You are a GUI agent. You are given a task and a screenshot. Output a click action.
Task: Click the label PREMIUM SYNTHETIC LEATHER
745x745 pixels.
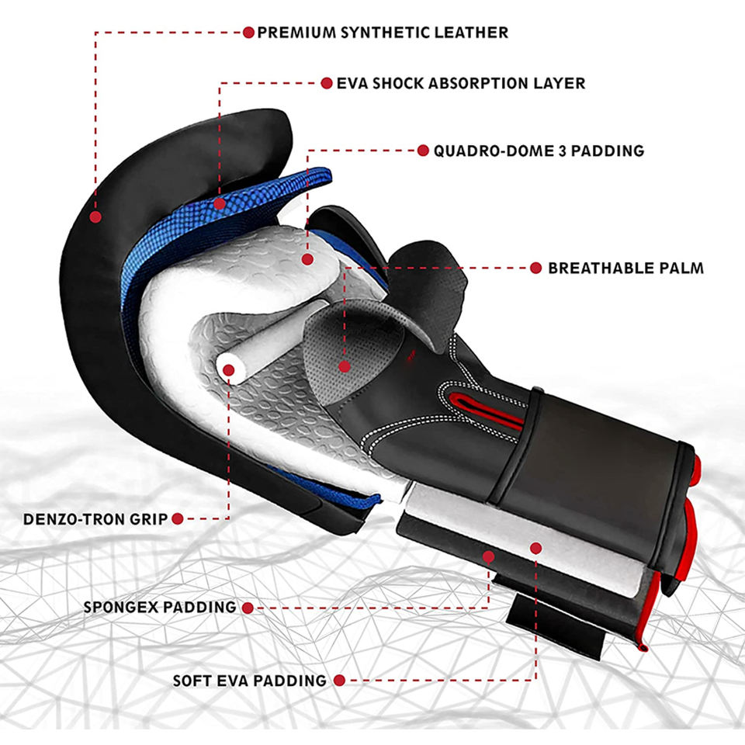coord(383,33)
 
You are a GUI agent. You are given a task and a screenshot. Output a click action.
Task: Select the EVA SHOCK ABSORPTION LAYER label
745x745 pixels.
coord(461,83)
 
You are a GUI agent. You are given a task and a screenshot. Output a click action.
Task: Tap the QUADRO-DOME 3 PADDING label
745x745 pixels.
coord(539,151)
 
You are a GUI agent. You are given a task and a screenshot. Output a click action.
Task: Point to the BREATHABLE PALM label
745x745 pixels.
coord(625,269)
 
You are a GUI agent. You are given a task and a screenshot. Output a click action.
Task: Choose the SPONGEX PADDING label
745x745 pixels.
coord(160,607)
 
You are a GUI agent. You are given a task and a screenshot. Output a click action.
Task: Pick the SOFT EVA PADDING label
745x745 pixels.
coord(249,681)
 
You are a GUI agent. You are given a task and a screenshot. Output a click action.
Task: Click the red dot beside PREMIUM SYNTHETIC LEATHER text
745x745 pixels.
coord(248,33)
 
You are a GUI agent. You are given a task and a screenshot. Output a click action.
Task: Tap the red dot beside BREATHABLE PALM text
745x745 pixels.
coord(535,269)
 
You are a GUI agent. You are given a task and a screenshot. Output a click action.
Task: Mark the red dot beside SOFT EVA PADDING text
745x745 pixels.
coord(340,681)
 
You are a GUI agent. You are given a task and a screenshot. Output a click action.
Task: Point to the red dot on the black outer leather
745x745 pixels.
coord(95,217)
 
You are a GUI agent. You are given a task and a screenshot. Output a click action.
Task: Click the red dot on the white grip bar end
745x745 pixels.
coord(228,369)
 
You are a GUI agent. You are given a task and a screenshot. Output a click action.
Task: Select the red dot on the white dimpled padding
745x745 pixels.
coord(307,259)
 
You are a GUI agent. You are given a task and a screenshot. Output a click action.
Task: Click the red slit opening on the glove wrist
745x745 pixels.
coord(490,408)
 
